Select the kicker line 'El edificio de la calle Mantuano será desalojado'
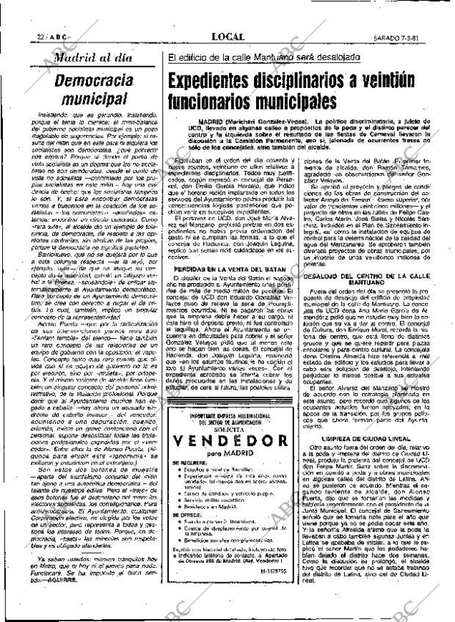pos(264,56)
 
